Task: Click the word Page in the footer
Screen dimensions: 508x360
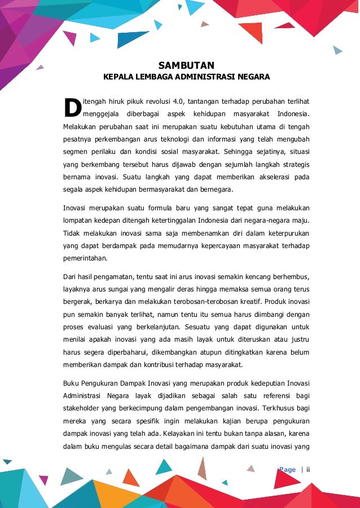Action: pyautogui.click(x=287, y=470)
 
